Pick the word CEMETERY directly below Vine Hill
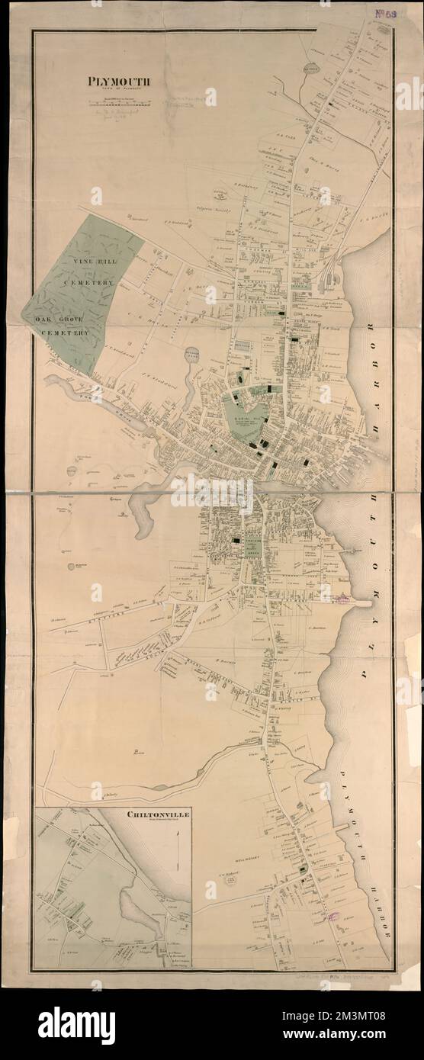point(95,282)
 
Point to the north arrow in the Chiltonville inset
point(178,839)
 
